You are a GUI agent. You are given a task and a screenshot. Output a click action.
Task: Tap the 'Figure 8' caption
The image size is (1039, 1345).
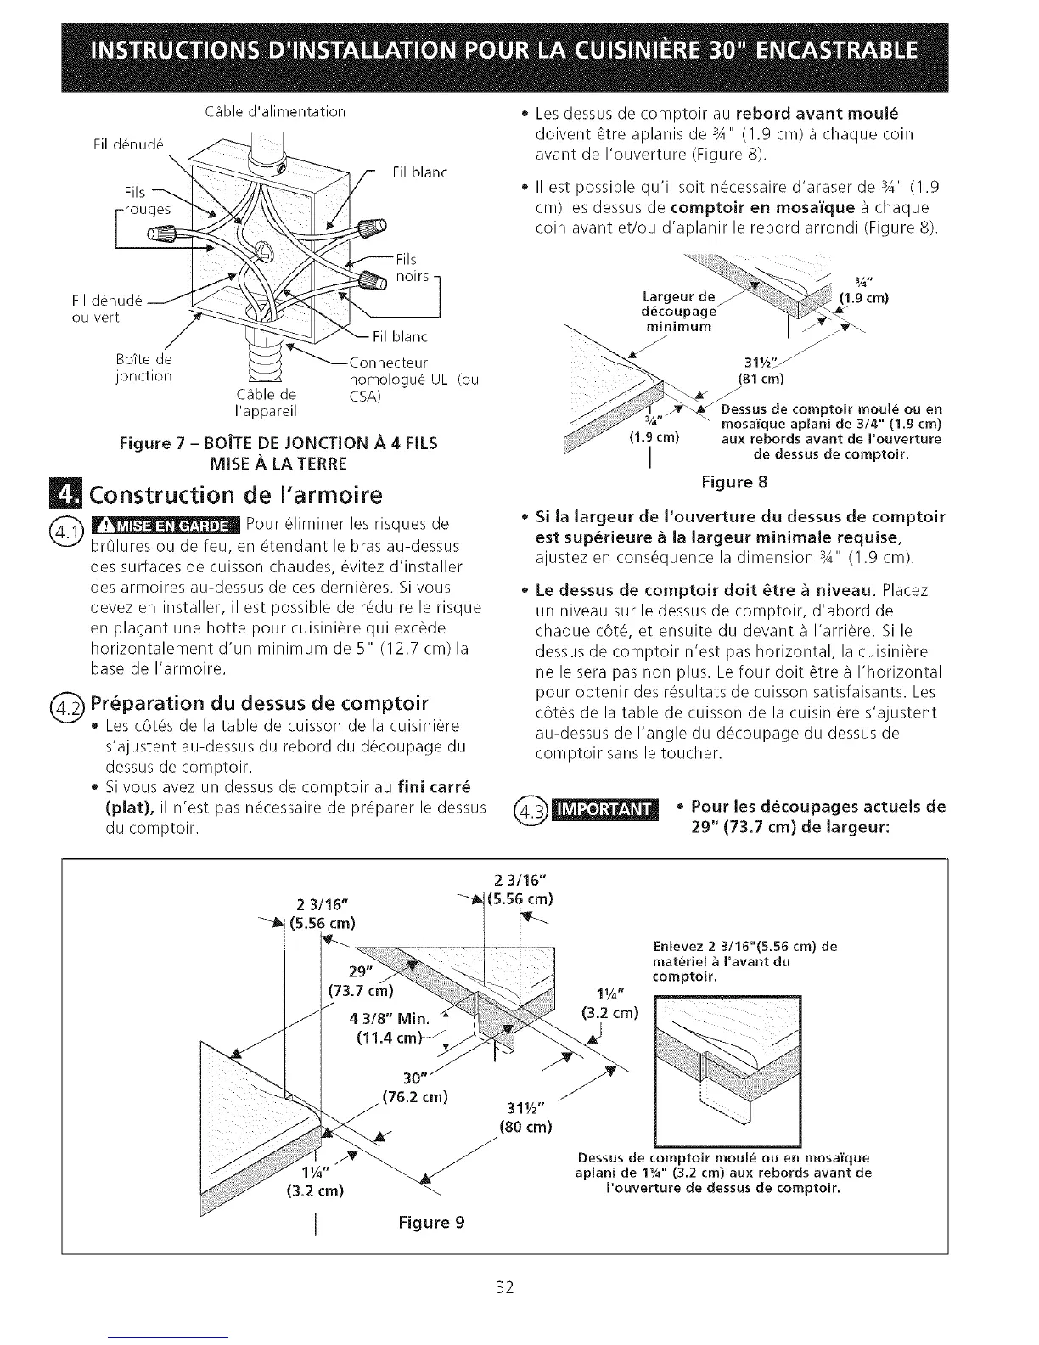point(734,483)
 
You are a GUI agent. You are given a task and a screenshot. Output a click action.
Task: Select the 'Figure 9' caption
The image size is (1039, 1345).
point(431,1222)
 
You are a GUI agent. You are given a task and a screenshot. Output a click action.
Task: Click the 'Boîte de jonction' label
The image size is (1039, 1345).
point(144,368)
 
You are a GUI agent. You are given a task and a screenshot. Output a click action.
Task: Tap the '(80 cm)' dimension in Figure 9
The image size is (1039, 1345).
point(525,1127)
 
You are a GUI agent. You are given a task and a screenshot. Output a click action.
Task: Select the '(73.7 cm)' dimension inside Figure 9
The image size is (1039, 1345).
point(362,990)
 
